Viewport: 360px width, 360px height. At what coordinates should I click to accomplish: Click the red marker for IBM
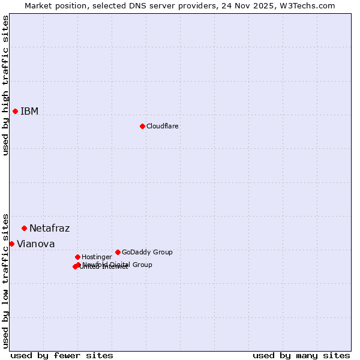coord(15,111)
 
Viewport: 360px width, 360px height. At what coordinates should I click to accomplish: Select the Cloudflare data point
coord(142,126)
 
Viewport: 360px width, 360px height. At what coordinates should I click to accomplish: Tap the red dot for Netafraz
coord(24,228)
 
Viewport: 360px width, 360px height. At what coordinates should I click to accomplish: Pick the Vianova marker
coord(11,244)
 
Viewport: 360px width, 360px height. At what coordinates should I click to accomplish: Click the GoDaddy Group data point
coord(118,252)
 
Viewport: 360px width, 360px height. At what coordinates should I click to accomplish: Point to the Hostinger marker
coord(77,257)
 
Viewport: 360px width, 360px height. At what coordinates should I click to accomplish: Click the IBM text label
coord(29,112)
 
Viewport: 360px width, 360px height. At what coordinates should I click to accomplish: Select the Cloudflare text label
coord(163,127)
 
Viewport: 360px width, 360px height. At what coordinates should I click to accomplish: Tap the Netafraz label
coord(49,229)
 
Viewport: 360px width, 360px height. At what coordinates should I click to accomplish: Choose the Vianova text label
coord(35,244)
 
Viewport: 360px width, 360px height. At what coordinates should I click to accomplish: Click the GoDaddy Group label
coord(147,253)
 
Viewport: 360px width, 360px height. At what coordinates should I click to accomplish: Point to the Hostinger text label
coord(97,257)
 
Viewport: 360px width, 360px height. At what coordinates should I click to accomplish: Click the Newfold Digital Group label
coord(118,265)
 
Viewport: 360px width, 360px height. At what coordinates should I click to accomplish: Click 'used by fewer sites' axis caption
coord(62,355)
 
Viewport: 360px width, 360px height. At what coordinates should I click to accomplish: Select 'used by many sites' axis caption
coord(301,355)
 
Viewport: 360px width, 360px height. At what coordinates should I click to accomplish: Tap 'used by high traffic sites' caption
coord(5,85)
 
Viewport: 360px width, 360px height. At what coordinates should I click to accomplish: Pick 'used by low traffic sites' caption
coord(5,280)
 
